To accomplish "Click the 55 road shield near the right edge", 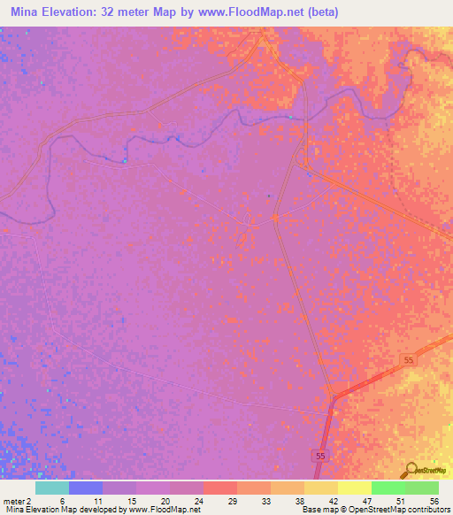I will click(408, 360).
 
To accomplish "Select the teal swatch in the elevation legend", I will click(52, 488).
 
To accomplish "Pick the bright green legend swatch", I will click(388, 488).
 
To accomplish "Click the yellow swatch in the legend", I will click(354, 488).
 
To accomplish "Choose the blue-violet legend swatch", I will click(86, 488).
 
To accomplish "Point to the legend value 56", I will click(434, 500).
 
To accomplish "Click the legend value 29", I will click(233, 500).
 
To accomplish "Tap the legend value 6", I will click(62, 500).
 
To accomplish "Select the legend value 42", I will click(333, 500).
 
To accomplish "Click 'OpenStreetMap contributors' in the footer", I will click(402, 510).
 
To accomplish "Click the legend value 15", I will click(129, 500).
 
